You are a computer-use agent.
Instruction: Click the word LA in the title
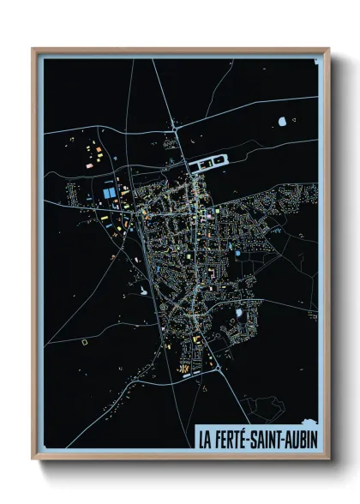point(205,439)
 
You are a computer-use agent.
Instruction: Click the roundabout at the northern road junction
point(175,129)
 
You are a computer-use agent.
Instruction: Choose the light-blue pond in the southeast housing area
point(239,313)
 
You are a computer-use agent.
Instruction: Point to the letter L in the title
point(201,439)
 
